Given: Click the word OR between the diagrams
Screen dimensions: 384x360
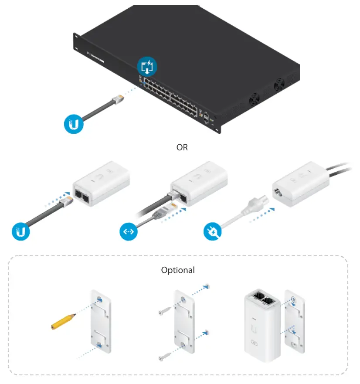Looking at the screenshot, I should point(182,147).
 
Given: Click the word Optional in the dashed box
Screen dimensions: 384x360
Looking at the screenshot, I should point(178,270).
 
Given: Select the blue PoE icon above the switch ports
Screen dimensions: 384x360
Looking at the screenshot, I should point(147,67).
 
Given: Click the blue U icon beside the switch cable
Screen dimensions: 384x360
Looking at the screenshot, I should point(73,124).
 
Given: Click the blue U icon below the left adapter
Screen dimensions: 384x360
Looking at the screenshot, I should point(20,231).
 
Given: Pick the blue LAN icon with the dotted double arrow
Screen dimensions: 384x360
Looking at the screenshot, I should point(128,231).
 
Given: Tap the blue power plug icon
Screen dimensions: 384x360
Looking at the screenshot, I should point(212,231).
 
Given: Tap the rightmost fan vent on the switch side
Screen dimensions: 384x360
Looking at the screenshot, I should point(279,85).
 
